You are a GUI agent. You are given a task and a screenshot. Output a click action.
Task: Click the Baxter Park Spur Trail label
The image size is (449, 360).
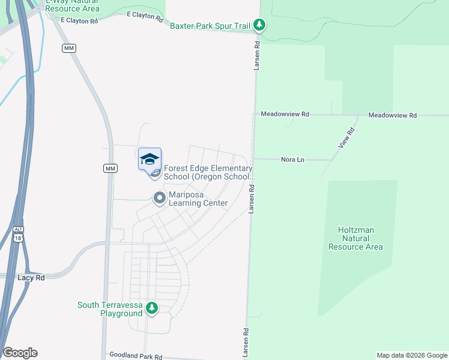(x=210, y=26)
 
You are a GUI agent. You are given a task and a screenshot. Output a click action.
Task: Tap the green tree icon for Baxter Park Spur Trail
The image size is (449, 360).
(x=259, y=25)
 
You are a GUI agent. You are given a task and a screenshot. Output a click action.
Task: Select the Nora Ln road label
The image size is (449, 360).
(x=294, y=160)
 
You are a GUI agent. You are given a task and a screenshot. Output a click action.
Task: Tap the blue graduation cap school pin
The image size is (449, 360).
(x=149, y=160)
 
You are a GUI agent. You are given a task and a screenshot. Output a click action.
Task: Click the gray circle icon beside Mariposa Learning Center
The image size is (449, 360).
(x=159, y=197)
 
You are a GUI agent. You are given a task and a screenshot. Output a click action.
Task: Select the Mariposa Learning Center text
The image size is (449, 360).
(x=198, y=199)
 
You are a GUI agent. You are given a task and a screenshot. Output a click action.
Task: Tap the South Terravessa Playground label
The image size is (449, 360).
(x=110, y=309)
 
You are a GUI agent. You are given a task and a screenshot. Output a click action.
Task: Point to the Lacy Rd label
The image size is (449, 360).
(x=31, y=278)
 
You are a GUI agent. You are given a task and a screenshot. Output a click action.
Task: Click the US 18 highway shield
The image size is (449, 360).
(x=19, y=238)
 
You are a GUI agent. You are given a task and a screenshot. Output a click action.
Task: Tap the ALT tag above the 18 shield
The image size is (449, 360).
(x=19, y=229)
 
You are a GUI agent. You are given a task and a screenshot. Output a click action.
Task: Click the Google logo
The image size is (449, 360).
(x=20, y=353)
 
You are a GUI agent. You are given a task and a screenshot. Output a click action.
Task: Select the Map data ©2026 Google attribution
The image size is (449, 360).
(x=411, y=355)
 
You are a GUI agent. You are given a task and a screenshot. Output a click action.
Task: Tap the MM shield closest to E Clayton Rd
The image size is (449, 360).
(x=68, y=48)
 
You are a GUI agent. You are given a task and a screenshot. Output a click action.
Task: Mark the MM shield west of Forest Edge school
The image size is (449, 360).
(x=110, y=168)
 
